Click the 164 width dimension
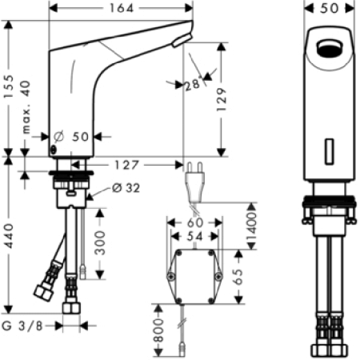click(x=122, y=8)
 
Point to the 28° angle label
click(x=193, y=85)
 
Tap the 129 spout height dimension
click(x=221, y=99)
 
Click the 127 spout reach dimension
click(x=126, y=165)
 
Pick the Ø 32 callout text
click(x=126, y=188)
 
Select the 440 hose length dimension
click(x=9, y=236)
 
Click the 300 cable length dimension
click(x=100, y=243)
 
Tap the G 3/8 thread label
click(x=22, y=326)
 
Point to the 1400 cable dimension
click(x=252, y=226)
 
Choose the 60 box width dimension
click(x=195, y=222)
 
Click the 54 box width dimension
click(x=194, y=236)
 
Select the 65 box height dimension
click(x=238, y=277)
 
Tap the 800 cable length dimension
click(x=158, y=330)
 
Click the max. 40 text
click(x=26, y=107)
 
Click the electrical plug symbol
click(x=195, y=182)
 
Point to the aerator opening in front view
click(x=330, y=48)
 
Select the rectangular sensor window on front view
click(x=330, y=152)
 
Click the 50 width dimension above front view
click(x=330, y=8)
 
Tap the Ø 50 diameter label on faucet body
click(x=71, y=137)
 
